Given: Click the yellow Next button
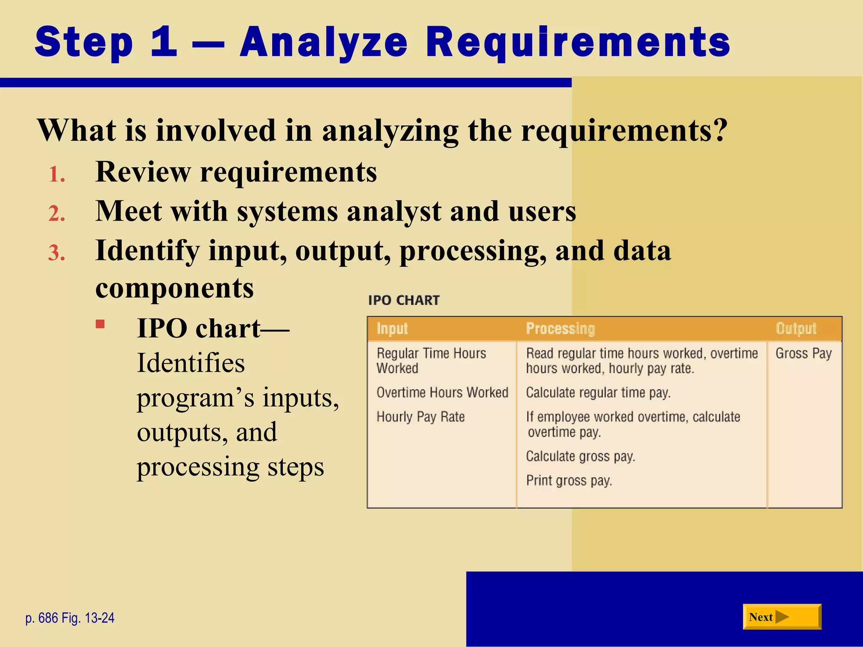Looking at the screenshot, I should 782,617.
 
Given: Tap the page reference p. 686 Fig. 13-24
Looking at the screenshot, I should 70,618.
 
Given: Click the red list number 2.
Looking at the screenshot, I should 56,214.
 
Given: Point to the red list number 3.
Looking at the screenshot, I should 56,253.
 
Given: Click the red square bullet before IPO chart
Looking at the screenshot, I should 100,324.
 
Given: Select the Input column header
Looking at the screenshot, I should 392,329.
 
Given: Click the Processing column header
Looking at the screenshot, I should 560,329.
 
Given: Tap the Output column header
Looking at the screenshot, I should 796,329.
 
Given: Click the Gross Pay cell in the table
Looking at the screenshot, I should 803,353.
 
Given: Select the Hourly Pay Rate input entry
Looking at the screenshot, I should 421,417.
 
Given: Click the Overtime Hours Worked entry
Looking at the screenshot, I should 442,392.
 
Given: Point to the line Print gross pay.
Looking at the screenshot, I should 569,480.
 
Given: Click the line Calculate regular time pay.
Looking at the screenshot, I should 598,392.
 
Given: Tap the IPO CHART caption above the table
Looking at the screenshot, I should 404,300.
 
